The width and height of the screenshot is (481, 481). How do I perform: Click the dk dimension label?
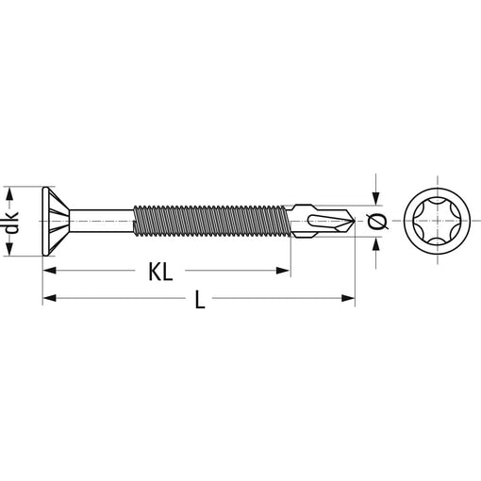pyautogui.click(x=11, y=223)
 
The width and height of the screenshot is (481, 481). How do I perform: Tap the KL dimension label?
pyautogui.click(x=160, y=272)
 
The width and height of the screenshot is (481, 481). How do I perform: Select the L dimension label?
pyautogui.click(x=200, y=299)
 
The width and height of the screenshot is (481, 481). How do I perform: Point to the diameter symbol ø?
pyautogui.click(x=377, y=222)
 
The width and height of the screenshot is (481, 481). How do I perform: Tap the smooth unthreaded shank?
pyautogui.click(x=101, y=221)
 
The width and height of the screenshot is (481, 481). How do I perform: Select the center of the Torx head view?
pyautogui.click(x=438, y=221)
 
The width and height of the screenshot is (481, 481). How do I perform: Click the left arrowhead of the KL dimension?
pyautogui.click(x=49, y=271)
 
